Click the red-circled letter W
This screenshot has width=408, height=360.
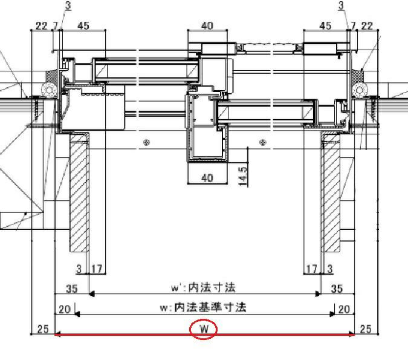(204, 329)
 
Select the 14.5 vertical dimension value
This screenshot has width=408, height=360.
(242, 176)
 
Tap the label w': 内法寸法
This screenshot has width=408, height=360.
(204, 287)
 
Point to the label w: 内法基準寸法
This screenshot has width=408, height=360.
(203, 307)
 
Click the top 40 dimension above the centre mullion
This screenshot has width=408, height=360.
(207, 25)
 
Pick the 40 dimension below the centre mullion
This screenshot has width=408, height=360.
(207, 178)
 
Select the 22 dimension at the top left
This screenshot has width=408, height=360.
(42, 26)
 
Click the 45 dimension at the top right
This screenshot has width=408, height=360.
(325, 25)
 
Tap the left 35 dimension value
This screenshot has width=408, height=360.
(72, 289)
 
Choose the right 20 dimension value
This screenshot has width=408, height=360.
(344, 309)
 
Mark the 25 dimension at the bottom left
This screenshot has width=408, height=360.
(43, 329)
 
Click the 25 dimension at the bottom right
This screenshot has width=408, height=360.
(365, 329)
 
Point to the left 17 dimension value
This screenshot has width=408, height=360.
(97, 269)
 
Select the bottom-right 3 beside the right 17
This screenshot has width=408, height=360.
(330, 269)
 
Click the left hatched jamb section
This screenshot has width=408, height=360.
(79, 192)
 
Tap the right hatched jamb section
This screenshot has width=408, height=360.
(331, 192)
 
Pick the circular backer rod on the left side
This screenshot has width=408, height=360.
(49, 90)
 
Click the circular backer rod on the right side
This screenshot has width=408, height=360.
(360, 90)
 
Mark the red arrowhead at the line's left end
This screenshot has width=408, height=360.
(57, 335)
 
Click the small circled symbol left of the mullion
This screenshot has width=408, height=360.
(147, 142)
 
